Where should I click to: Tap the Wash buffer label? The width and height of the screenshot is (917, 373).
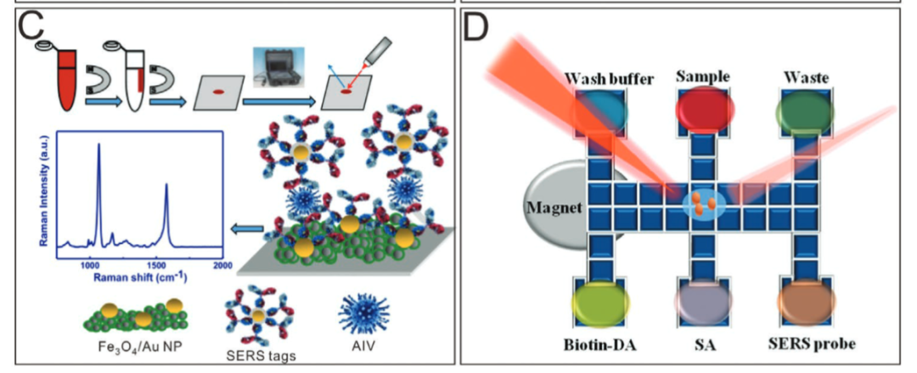[x=610, y=80]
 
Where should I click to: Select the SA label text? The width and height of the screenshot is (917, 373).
[x=706, y=343]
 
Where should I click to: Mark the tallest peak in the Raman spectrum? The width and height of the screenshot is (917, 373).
[x=98, y=146]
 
